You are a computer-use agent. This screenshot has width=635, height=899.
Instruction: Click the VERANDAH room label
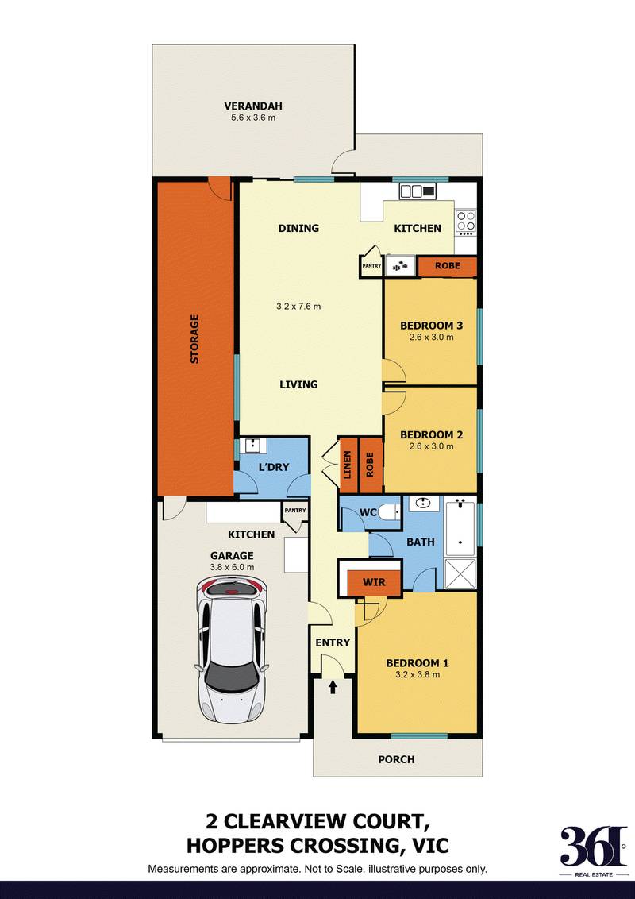(253, 106)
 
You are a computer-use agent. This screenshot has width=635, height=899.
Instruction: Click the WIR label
(374, 582)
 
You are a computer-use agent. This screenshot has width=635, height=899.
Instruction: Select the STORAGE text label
(194, 340)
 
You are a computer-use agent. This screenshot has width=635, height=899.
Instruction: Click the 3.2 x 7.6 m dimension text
(298, 306)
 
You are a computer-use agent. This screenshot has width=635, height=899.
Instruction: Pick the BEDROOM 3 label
(431, 326)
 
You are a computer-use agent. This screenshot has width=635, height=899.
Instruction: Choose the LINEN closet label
(347, 465)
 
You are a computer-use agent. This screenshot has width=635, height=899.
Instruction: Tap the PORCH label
(396, 759)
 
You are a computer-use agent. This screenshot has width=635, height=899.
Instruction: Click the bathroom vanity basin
(423, 504)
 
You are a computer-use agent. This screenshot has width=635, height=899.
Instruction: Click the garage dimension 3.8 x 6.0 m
(232, 567)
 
